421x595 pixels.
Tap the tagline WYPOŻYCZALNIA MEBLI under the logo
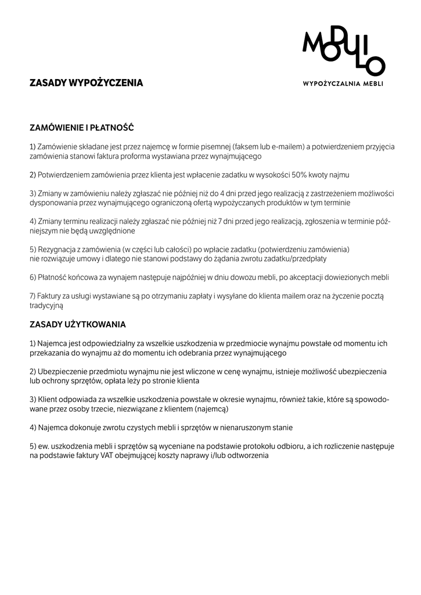point(343,84)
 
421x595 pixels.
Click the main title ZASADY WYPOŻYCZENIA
point(86,83)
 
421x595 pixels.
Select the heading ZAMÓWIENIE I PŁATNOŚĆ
point(82,127)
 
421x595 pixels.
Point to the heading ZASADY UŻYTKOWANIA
point(78,324)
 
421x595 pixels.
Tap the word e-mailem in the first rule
point(285,147)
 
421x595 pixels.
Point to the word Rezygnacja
point(57,249)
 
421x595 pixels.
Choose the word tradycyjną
point(46,305)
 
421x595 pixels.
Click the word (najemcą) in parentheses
point(209,409)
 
